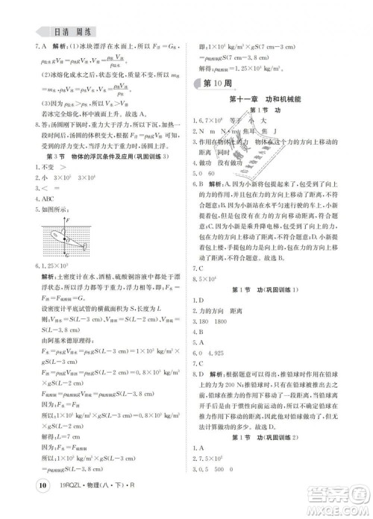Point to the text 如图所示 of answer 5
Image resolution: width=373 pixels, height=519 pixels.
pyautogui.click(x=45, y=211)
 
